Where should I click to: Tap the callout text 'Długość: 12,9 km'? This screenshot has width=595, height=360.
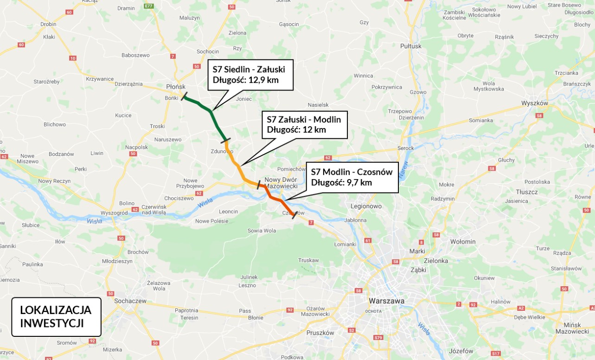tap(245, 79)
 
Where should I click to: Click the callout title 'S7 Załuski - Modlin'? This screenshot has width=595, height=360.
tap(304, 120)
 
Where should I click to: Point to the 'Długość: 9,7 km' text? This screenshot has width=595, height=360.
tap(341, 182)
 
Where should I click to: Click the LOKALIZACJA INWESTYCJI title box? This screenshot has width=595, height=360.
tap(56, 317)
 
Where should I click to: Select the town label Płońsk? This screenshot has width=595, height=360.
tap(176, 87)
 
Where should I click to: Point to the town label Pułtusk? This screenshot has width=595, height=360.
tap(411, 46)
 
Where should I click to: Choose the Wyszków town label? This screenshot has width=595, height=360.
tap(535, 103)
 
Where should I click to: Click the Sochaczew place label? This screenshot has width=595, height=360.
tap(130, 301)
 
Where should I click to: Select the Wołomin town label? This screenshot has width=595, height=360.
tap(463, 242)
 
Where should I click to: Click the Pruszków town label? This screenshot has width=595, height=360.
tap(320, 333)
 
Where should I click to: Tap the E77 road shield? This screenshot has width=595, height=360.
tap(148, 6)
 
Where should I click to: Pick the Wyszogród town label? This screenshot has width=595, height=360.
tap(114, 212)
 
